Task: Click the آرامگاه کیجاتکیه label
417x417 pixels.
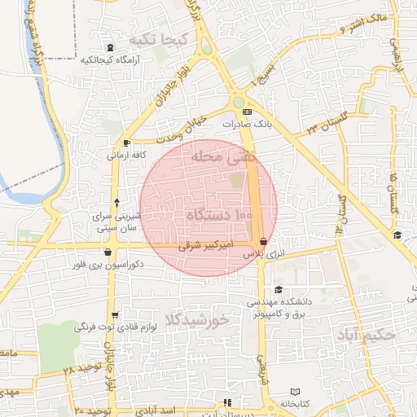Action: [111, 59]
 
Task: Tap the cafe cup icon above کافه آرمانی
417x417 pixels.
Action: [125, 143]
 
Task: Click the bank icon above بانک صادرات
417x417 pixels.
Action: [248, 112]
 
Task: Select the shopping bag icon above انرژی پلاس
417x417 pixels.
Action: [262, 242]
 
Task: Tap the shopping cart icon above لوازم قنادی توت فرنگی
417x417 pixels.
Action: [114, 315]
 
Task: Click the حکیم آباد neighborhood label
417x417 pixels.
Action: [369, 334]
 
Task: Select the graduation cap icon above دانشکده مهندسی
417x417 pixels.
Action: [279, 290]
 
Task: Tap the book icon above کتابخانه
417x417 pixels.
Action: [295, 392]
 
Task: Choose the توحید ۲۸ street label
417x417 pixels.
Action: [79, 369]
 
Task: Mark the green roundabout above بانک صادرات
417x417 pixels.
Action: [239, 103]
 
